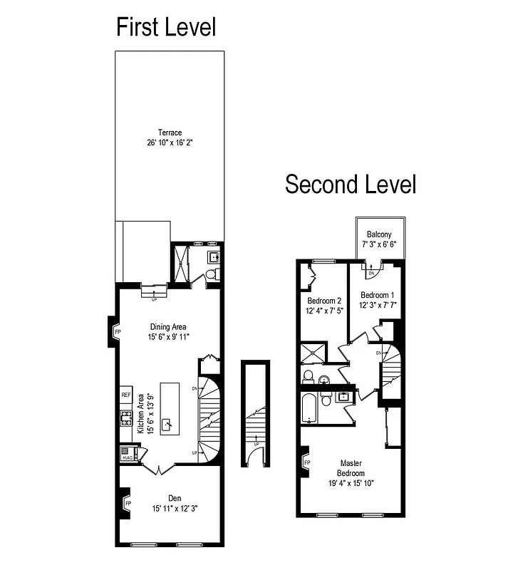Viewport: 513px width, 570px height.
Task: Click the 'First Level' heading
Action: point(166,27)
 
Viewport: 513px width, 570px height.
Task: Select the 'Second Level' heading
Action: point(351,184)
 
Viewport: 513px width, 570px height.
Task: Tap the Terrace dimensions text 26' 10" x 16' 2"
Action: point(170,142)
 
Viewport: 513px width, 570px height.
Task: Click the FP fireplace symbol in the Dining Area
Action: point(118,332)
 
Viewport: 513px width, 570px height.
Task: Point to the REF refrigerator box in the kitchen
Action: point(125,395)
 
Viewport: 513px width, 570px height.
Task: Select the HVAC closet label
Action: point(127,457)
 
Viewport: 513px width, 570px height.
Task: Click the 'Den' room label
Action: point(175,498)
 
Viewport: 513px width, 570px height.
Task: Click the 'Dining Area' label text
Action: point(168,327)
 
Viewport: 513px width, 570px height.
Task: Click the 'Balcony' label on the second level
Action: point(378,234)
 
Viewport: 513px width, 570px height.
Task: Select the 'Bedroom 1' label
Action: point(378,295)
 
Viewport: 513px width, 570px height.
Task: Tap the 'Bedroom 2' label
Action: point(323,301)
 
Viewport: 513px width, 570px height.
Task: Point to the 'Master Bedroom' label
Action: point(352,467)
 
